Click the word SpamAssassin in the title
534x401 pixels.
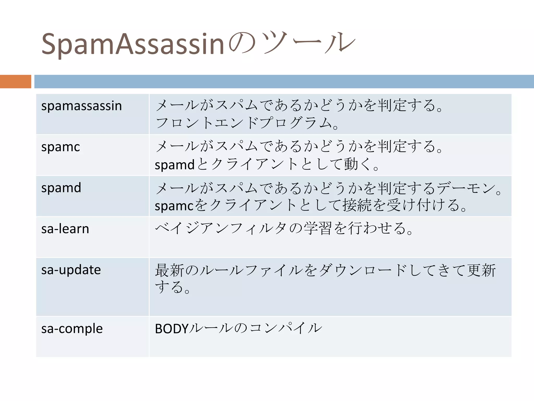pyautogui.click(x=132, y=44)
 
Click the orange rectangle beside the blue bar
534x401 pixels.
pyautogui.click(x=15, y=81)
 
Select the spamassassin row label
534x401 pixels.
pyautogui.click(x=81, y=106)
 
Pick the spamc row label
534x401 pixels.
pyautogui.click(x=60, y=147)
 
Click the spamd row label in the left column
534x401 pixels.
pyautogui.click(x=61, y=187)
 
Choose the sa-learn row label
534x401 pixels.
pyautogui.click(x=65, y=229)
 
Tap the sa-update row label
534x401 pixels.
pyautogui.click(x=71, y=270)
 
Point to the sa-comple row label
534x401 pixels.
pyautogui.click(x=72, y=328)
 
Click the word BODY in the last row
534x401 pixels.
pyautogui.click(x=172, y=329)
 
